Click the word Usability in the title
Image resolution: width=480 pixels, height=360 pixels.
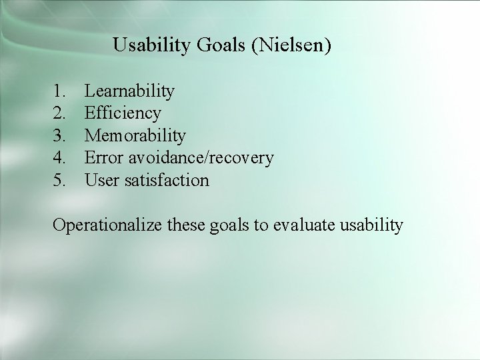tap(153, 46)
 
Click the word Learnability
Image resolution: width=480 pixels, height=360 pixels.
tap(130, 91)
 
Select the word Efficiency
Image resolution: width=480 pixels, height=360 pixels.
tap(123, 113)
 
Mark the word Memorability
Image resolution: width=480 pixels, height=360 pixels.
tap(135, 136)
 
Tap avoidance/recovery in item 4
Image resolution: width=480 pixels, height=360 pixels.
tap(201, 158)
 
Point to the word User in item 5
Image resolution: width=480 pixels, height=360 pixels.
tap(102, 181)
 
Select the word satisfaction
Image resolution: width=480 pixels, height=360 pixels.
tap(167, 181)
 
